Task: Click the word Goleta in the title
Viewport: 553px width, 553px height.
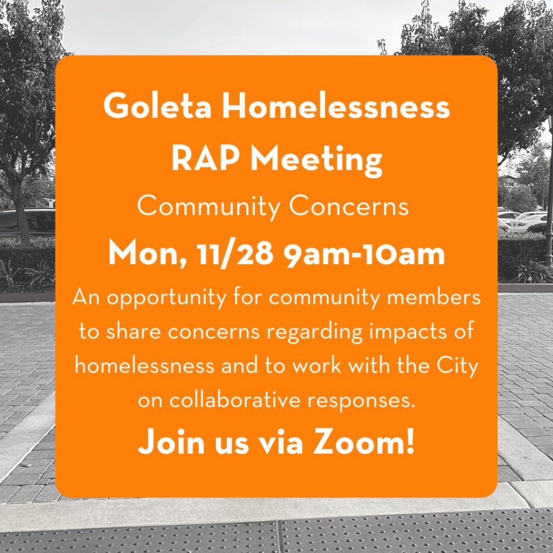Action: coord(157,106)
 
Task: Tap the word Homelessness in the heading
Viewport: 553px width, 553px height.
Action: coord(336,106)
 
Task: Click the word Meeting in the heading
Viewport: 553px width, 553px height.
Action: coord(316,160)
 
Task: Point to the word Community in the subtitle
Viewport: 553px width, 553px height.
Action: coord(208,207)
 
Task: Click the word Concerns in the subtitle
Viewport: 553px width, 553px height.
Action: coord(349,206)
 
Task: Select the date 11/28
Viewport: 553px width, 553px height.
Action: coord(235,254)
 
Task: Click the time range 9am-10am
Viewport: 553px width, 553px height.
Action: coord(365,254)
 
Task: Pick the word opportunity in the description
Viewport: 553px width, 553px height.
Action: coord(166,298)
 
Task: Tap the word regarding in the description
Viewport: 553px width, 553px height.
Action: coord(314,332)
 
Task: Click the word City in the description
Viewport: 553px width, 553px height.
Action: coord(457,366)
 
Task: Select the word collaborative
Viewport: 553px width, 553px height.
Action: coord(235,400)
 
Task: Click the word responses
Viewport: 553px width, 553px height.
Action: coord(361,401)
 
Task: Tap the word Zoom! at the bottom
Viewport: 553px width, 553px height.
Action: coord(363,441)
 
